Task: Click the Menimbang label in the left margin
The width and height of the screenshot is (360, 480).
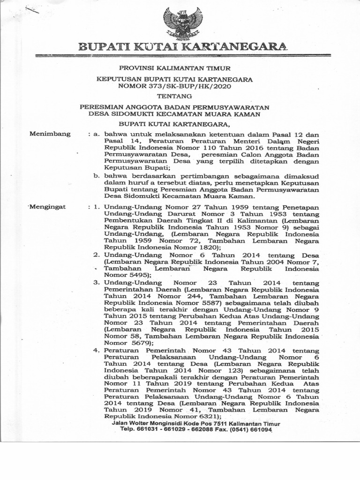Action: (50, 134)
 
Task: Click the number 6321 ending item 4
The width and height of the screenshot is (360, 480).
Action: (205, 416)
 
